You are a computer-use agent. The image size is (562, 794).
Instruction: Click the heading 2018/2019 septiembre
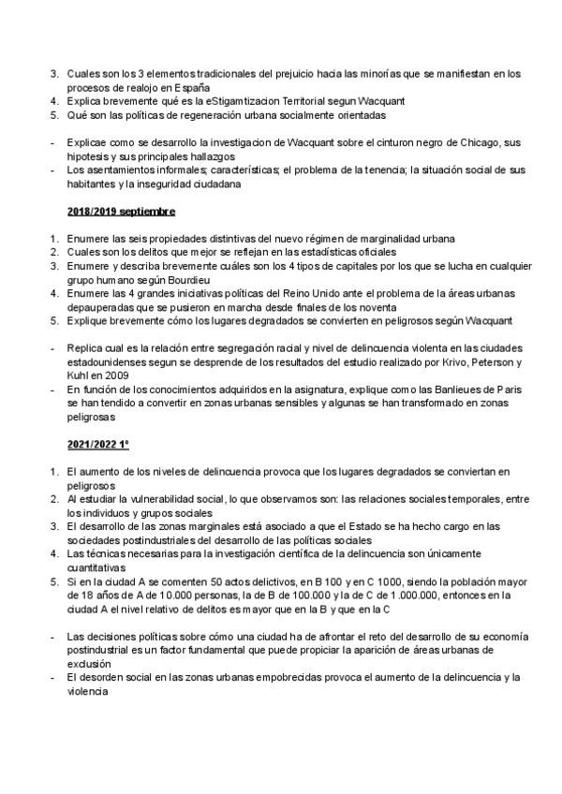(x=121, y=213)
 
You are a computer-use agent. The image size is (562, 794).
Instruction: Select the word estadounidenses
(x=111, y=360)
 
